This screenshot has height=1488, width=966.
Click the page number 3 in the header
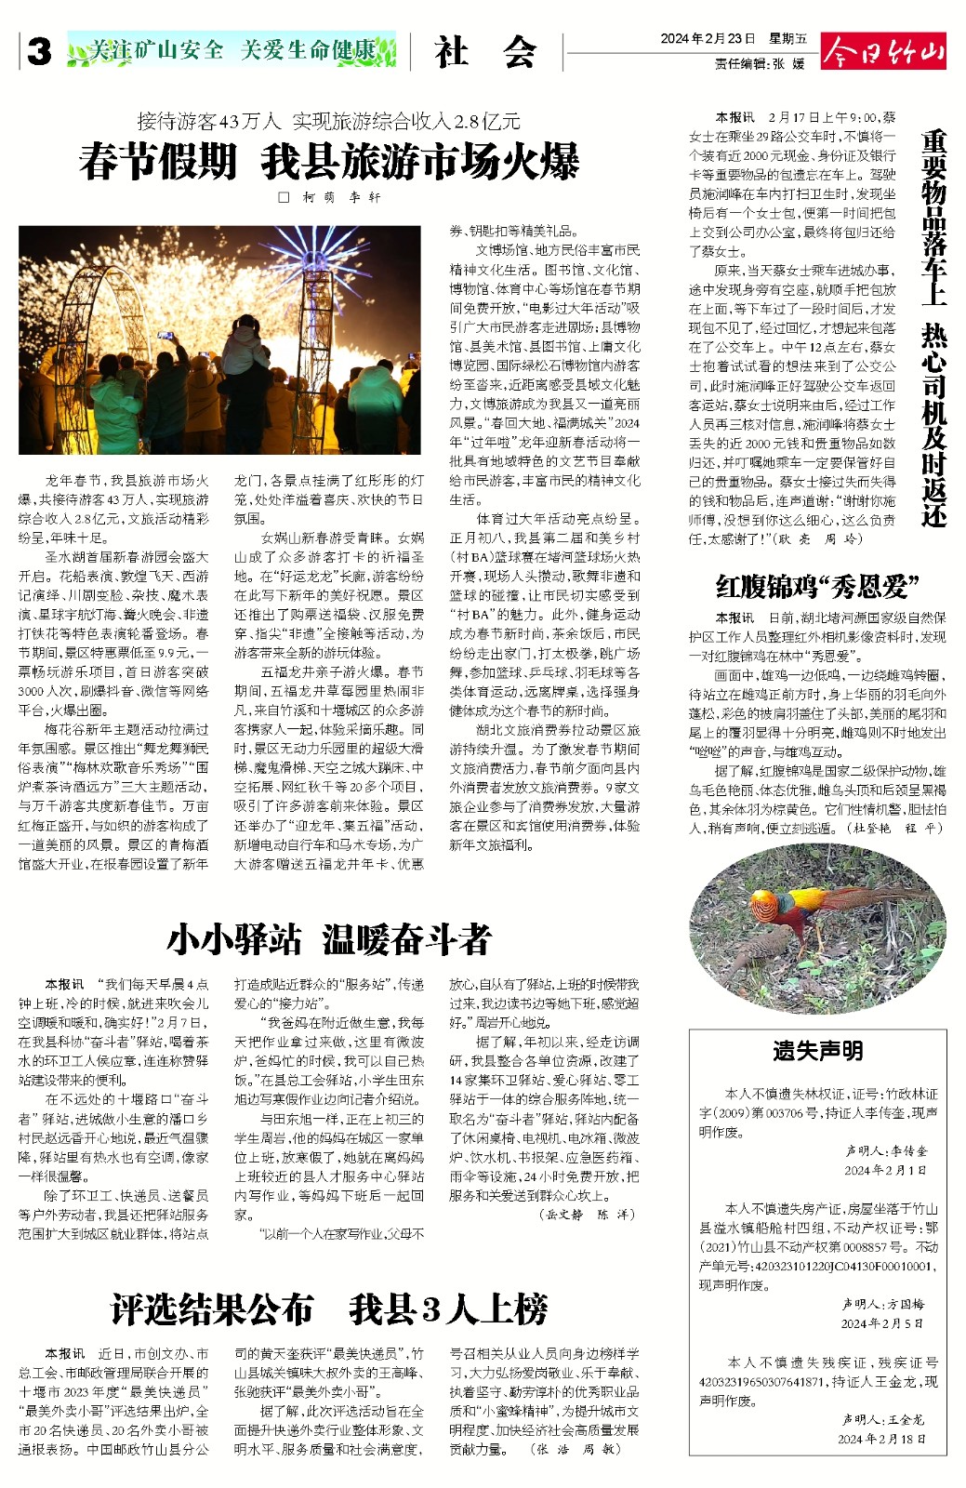click(x=39, y=52)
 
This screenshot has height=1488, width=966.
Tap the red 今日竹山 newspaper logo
click(x=883, y=51)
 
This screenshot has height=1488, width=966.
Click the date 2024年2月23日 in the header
click(x=708, y=39)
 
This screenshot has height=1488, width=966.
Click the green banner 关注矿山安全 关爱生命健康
click(x=232, y=50)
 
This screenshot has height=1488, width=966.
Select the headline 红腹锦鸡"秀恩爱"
click(x=817, y=587)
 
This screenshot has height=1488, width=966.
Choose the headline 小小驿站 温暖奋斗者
click(x=329, y=940)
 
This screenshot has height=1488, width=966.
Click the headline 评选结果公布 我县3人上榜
click(x=329, y=1309)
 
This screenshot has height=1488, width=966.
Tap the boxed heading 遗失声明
click(x=817, y=1051)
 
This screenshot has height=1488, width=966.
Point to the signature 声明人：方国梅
click(x=883, y=1305)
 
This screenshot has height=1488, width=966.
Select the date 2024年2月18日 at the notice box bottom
click(x=881, y=1439)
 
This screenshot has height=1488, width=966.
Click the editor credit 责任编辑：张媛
click(x=760, y=64)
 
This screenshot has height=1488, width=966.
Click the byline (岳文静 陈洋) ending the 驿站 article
click(x=588, y=1215)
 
